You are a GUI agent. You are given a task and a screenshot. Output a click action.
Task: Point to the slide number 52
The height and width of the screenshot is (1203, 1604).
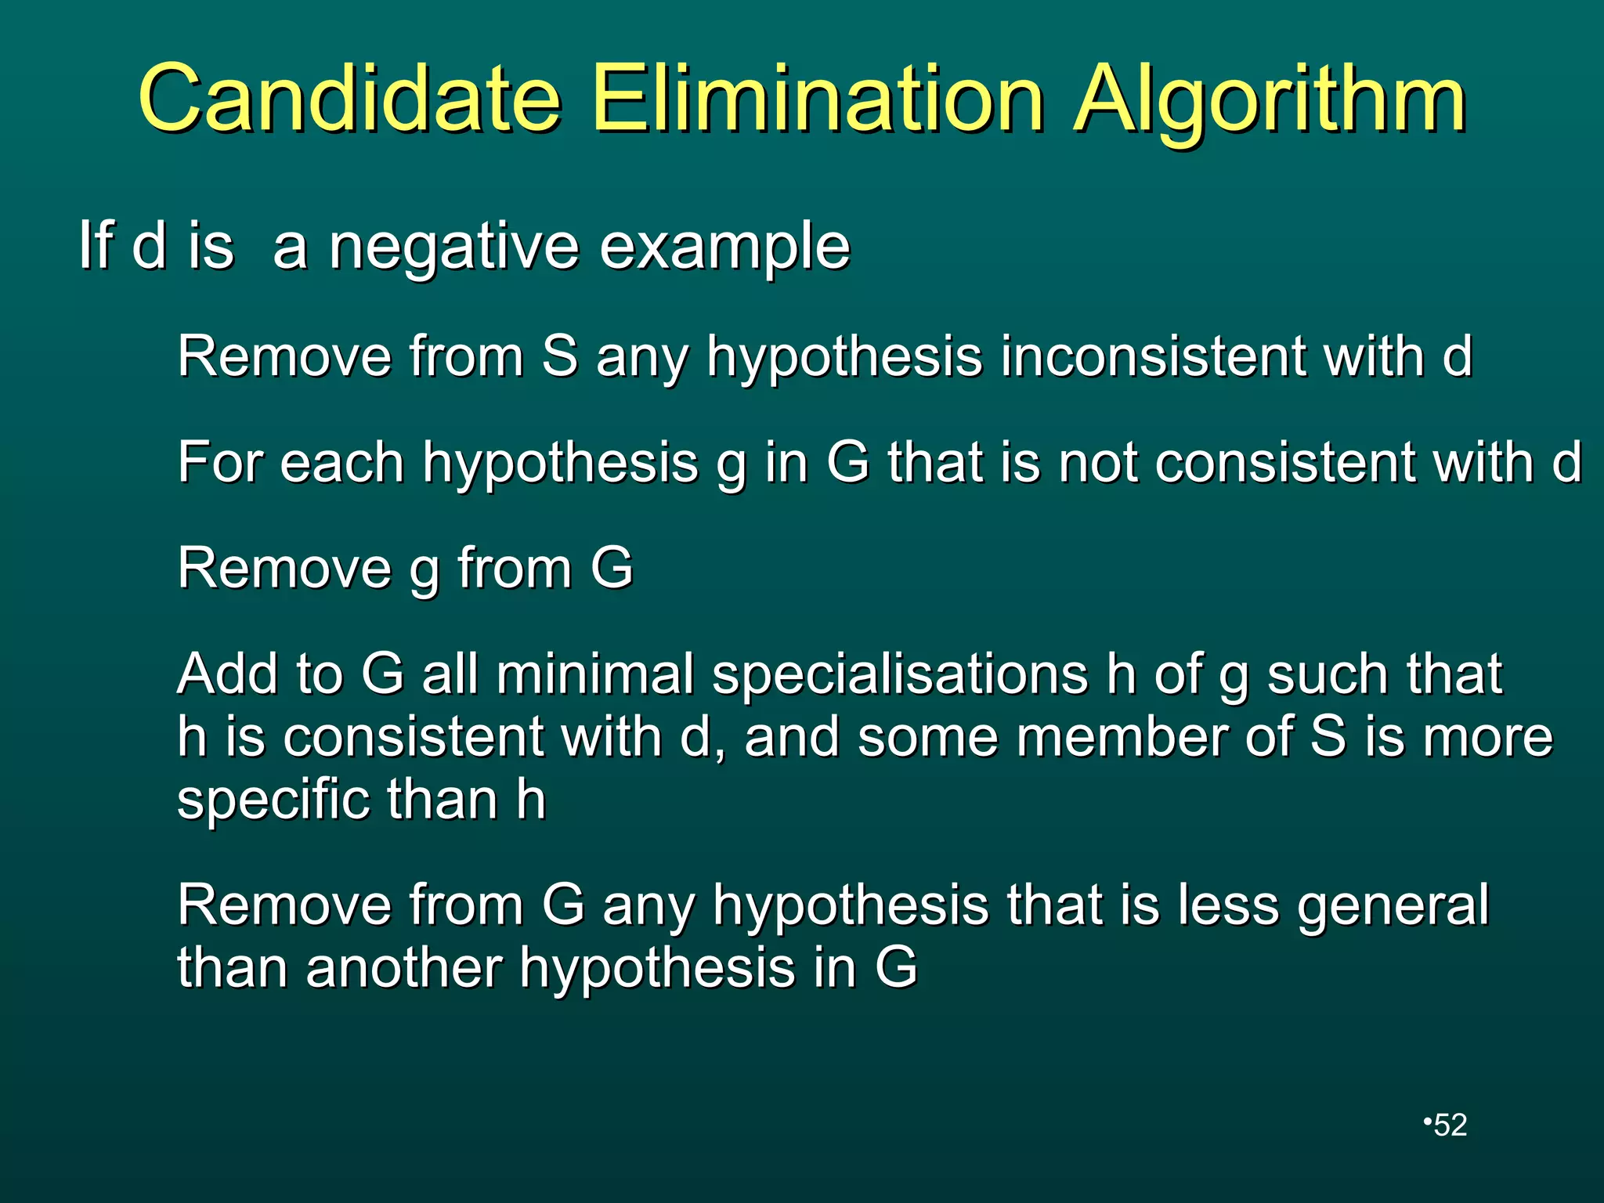[x=1450, y=1125]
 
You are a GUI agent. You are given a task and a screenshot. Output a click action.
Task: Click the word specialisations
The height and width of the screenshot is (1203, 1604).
[x=899, y=675]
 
